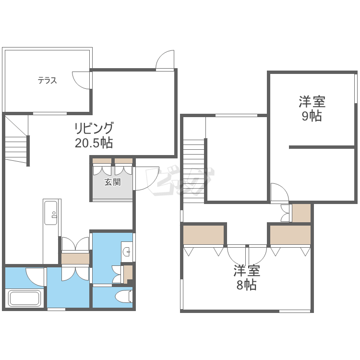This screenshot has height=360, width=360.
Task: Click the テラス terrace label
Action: pos(48,80)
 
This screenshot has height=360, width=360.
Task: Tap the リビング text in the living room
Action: pos(94,128)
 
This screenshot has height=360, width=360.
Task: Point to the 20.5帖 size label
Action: pos(94,143)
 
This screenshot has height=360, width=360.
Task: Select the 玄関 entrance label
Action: pos(112,182)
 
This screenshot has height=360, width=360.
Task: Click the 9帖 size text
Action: pos(312,116)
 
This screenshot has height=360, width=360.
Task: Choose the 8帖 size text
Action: pos(247,285)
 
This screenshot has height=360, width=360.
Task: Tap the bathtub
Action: pos(24,298)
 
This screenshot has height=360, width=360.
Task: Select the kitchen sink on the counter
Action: pos(51,213)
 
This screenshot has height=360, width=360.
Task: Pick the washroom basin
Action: pos(127,252)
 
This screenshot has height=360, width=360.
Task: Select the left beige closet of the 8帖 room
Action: pos(204,235)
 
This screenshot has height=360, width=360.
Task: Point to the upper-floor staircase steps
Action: pos(194,170)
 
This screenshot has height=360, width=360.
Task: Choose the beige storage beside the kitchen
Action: pos(75,259)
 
